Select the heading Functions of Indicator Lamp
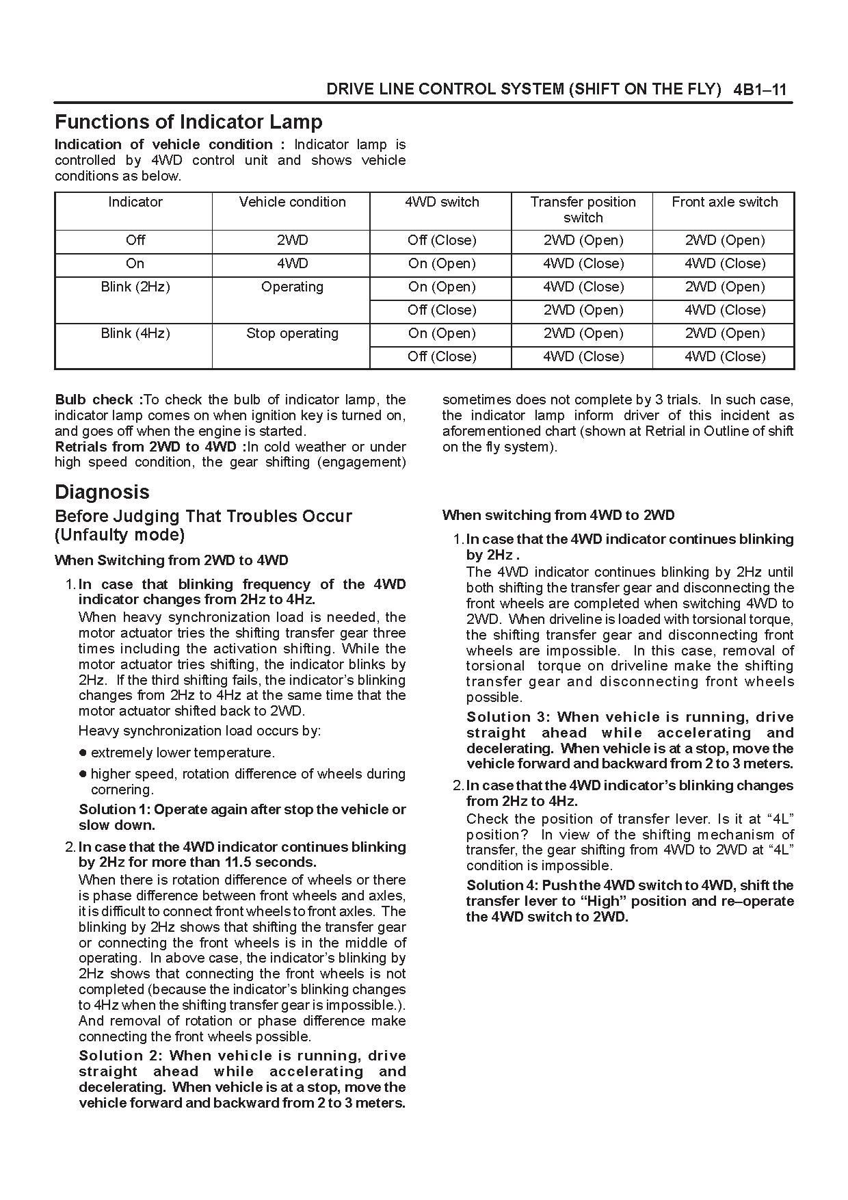188,122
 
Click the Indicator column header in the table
135,202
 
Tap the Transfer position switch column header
583,209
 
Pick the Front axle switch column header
724,202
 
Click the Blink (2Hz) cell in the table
135,287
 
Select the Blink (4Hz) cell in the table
135,333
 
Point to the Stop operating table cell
292,333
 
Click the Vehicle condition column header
292,202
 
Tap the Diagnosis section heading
102,492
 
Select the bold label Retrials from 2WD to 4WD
150,447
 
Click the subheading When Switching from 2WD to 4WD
171,560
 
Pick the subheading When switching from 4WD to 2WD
558,515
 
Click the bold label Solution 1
114,809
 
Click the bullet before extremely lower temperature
83,753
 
